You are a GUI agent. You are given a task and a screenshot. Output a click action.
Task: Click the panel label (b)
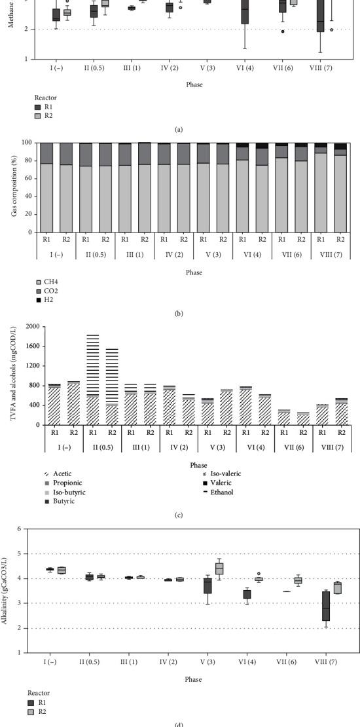(179, 313)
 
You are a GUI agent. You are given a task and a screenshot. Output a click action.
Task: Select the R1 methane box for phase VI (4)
(245, 13)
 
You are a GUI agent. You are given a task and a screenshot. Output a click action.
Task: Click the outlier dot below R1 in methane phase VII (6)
(283, 31)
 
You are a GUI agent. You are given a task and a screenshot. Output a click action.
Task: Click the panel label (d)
(179, 724)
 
